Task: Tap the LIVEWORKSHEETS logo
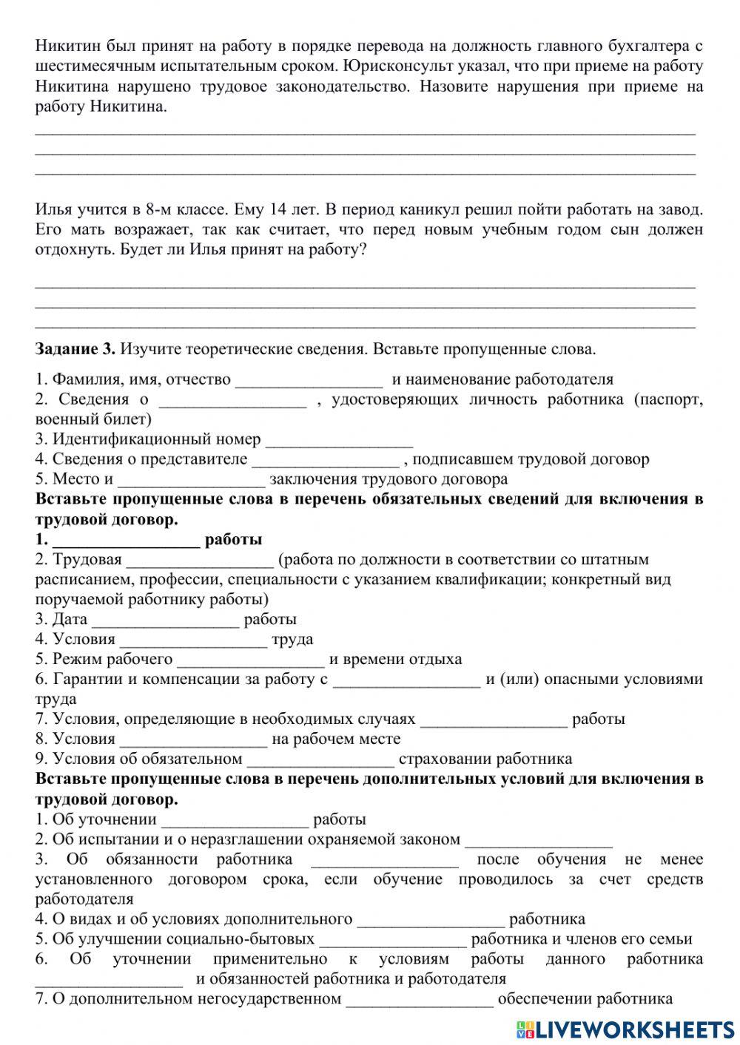tap(626, 1029)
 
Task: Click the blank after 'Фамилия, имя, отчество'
tap(309, 380)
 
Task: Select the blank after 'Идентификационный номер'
tap(339, 440)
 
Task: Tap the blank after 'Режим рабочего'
tap(251, 660)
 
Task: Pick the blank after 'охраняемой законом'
tap(539, 840)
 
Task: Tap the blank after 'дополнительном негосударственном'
tap(420, 1000)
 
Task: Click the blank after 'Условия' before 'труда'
tap(193, 640)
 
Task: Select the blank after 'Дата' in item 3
tap(166, 620)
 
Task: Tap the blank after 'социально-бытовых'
tap(393, 940)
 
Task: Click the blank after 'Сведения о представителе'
tap(326, 460)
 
